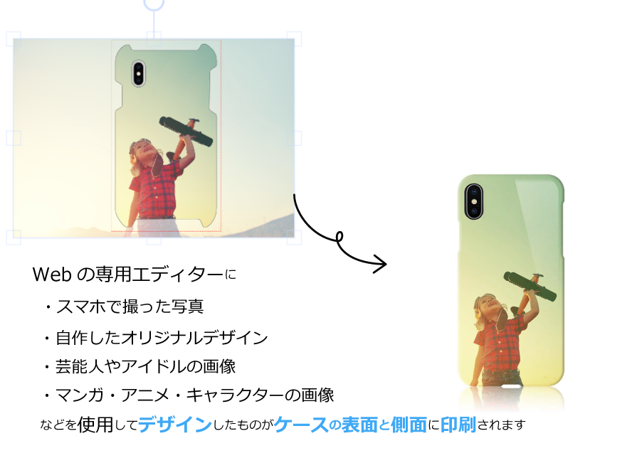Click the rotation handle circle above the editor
[154, 4]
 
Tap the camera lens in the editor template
[138, 72]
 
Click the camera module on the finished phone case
[473, 201]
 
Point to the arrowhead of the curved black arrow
[383, 265]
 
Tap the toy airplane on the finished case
[530, 284]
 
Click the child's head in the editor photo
[139, 150]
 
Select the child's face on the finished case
[490, 305]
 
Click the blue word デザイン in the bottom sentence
[175, 425]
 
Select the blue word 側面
[409, 425]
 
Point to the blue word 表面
[359, 425]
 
